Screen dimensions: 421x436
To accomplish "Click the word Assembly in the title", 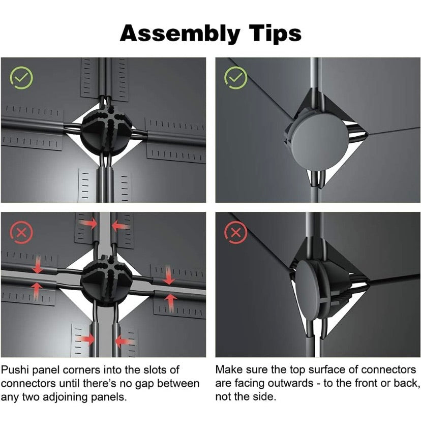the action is (180, 34).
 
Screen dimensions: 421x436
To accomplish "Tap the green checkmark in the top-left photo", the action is (21, 78).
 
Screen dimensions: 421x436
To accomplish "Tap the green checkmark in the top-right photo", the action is (236, 78).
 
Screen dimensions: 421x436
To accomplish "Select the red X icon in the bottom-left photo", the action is (21, 233).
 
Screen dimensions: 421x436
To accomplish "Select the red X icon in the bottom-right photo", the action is (236, 233).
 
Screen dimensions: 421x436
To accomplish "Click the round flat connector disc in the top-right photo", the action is (319, 141).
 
